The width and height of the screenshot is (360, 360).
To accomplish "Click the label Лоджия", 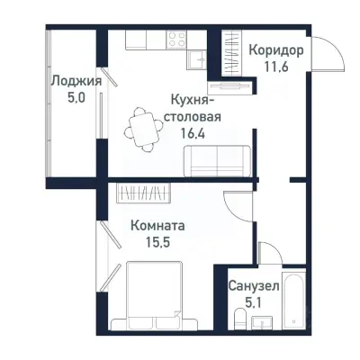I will click(x=75, y=80).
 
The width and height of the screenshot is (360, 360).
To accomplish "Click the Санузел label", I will click(x=252, y=284).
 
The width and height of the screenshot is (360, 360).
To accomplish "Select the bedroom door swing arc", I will click(x=236, y=207).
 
